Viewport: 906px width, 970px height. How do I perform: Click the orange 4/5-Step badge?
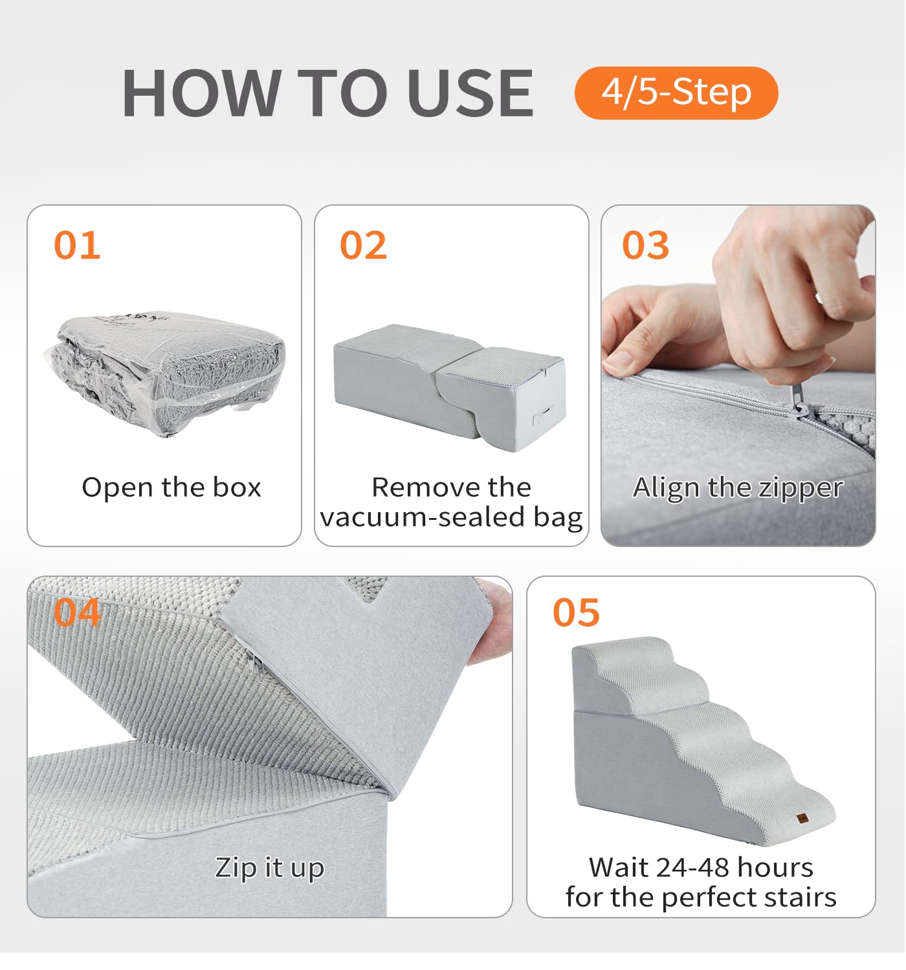[x=676, y=93]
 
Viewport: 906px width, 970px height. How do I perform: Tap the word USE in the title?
[x=470, y=93]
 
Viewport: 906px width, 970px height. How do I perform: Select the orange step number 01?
[x=77, y=245]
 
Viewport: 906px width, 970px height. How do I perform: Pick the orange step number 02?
[x=363, y=245]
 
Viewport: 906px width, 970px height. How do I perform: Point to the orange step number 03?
[x=645, y=245]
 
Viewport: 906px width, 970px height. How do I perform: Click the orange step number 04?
[x=77, y=612]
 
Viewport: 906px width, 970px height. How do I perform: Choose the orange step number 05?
[x=576, y=612]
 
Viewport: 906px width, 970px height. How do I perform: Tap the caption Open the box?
[x=171, y=487]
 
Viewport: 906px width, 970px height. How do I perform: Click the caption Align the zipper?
[x=738, y=488]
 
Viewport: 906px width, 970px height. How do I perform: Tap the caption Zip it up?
[x=269, y=867]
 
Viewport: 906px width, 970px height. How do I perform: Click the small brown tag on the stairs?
[x=802, y=818]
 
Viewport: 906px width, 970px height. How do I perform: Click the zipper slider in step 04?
[x=254, y=662]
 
